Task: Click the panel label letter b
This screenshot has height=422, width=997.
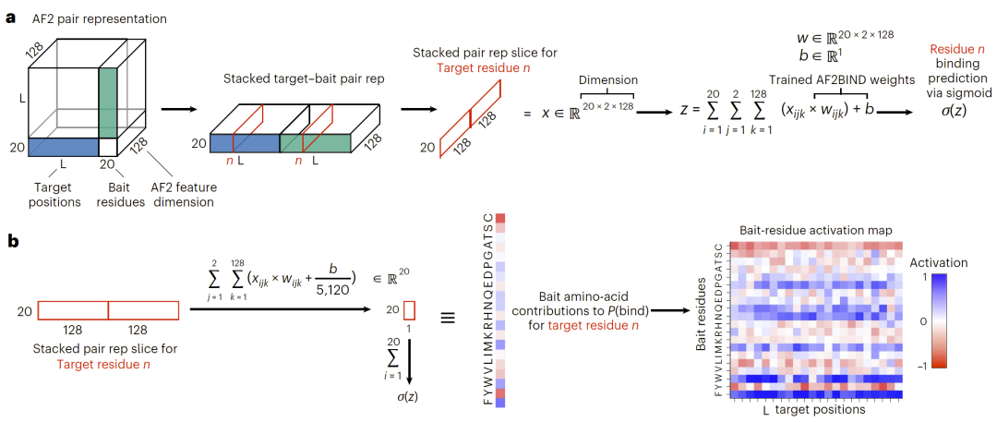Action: coord(11,241)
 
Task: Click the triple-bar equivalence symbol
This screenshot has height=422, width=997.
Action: coord(449,316)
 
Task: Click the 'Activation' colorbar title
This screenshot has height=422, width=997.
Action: coord(937,262)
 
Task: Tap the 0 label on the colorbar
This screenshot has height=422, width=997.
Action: coord(938,321)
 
